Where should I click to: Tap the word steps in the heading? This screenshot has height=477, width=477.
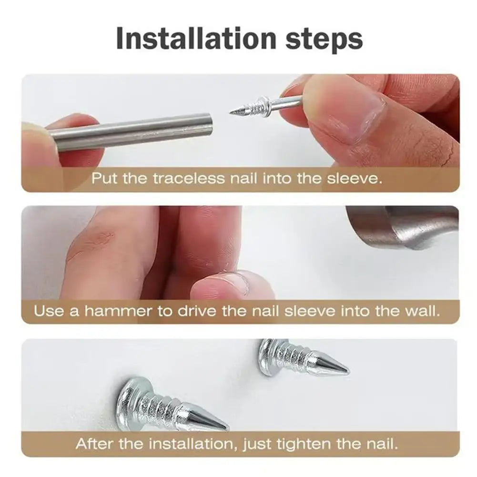click(x=324, y=40)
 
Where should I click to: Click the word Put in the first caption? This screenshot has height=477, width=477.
click(x=104, y=179)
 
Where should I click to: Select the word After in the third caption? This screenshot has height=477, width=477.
click(x=94, y=444)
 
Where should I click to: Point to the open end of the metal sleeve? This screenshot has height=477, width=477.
click(x=208, y=124)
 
